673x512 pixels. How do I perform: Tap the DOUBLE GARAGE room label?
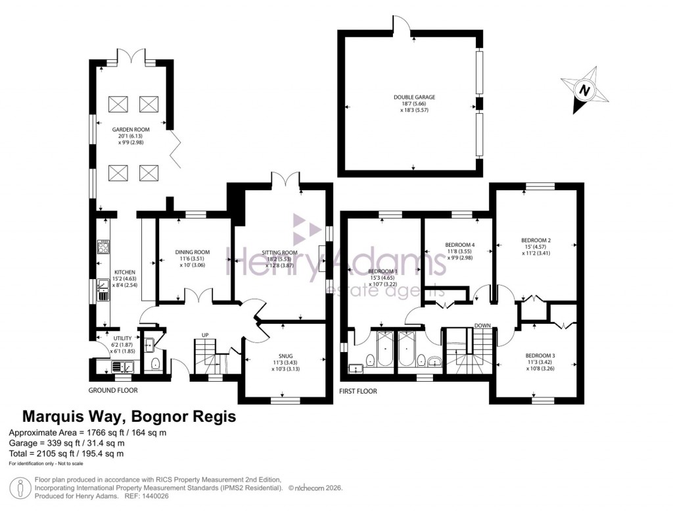414,97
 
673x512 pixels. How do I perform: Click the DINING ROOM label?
192,252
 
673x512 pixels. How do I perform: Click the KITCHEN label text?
125,272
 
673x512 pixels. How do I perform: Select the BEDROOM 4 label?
459,245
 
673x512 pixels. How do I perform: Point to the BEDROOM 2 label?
536,240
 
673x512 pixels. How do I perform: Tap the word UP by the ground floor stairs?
205,335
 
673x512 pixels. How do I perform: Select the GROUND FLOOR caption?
113,390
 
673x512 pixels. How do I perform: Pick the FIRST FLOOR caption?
358,391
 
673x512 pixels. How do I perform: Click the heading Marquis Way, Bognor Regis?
129,417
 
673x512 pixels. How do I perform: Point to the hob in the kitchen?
103,247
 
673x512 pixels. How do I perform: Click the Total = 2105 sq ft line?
66,453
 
